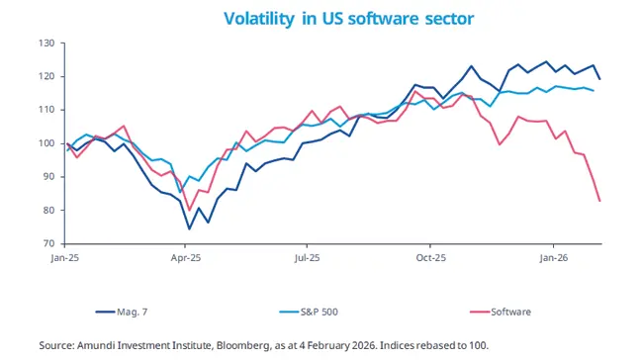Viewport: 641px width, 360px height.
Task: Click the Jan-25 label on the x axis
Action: click(x=65, y=257)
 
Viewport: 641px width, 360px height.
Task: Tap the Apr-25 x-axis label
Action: click(x=187, y=257)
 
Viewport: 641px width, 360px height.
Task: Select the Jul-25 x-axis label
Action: click(x=309, y=257)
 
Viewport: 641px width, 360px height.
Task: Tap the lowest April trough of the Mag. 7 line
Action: click(x=189, y=229)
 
